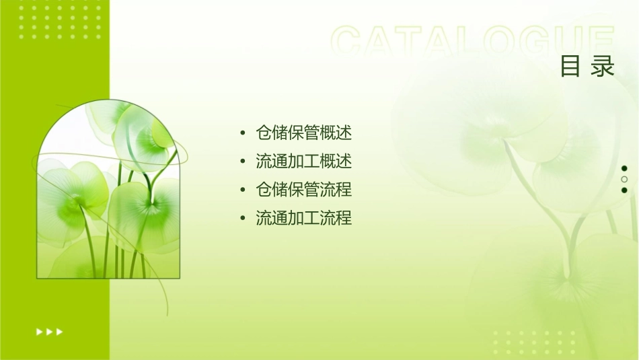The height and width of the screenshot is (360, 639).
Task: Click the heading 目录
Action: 588,67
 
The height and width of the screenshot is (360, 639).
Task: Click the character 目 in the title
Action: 570,67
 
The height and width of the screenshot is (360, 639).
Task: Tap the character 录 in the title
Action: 604,67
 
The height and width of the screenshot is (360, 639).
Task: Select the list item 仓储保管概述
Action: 303,133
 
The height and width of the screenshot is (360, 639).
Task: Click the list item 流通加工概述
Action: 303,161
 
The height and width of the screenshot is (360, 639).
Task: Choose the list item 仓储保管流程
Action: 303,190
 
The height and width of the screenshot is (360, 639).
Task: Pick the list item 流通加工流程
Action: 303,218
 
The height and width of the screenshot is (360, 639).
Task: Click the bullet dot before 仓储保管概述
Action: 242,133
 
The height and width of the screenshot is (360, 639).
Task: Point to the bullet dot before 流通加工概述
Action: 242,162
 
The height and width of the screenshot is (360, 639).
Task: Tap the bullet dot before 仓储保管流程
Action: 242,190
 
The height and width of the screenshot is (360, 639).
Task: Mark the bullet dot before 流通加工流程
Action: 242,219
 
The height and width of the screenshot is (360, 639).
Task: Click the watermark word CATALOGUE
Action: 473,40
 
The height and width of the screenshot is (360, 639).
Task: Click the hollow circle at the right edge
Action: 624,179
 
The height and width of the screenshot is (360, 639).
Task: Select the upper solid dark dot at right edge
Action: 624,168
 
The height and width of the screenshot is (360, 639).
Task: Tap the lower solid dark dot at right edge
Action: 624,190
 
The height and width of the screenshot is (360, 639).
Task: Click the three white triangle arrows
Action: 50,331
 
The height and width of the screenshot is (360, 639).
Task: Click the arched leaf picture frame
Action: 108,192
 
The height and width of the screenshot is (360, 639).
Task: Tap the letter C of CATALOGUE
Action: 349,40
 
